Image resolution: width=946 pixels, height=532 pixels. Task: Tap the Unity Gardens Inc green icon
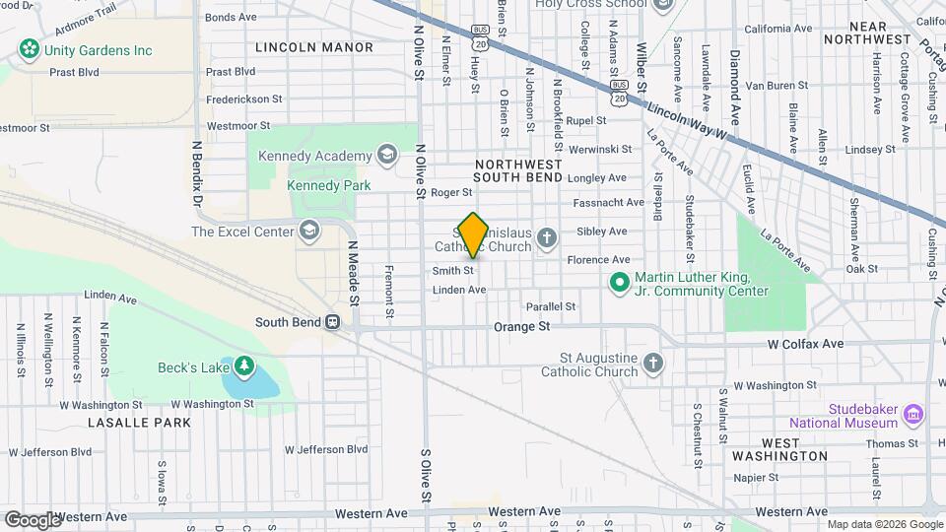[29, 49]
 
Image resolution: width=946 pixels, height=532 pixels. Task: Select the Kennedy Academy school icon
[387, 155]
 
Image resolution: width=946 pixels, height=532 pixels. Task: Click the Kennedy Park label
[320, 185]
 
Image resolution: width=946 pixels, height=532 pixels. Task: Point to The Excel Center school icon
[309, 232]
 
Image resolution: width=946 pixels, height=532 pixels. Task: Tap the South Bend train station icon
[333, 322]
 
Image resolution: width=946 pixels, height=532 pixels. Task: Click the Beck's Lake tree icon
[242, 368]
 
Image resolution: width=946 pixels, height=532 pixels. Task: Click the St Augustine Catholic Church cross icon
[652, 365]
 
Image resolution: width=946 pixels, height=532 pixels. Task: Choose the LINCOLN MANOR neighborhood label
[314, 47]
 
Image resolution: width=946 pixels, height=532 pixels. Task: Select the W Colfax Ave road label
[805, 344]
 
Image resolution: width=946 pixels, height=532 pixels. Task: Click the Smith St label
[453, 270]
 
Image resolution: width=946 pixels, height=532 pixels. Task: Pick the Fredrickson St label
[244, 99]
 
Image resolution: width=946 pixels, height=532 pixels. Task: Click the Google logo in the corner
[32, 519]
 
